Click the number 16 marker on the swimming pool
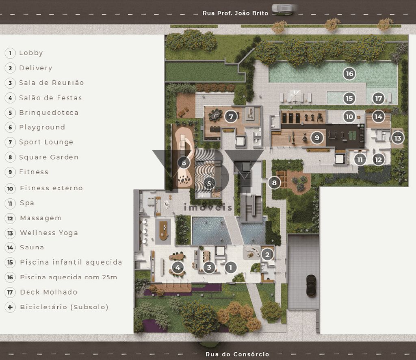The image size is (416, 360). click(x=349, y=74)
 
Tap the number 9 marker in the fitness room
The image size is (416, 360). click(x=317, y=138)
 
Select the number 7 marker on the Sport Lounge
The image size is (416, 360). click(x=231, y=117)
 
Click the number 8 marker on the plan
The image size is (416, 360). click(x=274, y=182)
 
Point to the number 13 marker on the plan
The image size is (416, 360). click(x=397, y=138)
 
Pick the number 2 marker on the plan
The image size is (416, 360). click(x=267, y=255)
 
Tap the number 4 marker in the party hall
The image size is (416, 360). click(x=178, y=267)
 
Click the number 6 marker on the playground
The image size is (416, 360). click(x=184, y=163)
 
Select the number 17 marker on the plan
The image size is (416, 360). click(x=378, y=98)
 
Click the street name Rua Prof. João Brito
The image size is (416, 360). click(x=235, y=13)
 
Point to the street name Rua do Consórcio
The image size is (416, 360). click(x=237, y=354)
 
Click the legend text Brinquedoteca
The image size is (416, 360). click(x=49, y=113)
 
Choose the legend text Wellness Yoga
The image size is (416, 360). click(x=49, y=233)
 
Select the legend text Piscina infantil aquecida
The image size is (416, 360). click(x=71, y=262)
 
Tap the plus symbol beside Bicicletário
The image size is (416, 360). click(x=10, y=307)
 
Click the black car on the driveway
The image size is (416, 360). click(x=311, y=286)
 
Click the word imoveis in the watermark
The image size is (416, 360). click(x=208, y=207)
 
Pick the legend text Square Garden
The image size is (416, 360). click(x=49, y=157)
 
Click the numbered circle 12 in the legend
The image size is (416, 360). click(x=10, y=218)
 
